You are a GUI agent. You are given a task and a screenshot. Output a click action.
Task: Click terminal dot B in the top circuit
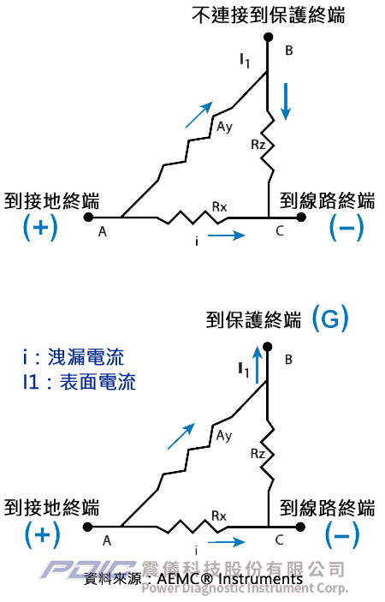tap(269, 37)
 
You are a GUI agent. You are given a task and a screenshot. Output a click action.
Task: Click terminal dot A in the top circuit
tap(88, 218)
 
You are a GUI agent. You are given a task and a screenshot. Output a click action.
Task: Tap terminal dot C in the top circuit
tap(301, 218)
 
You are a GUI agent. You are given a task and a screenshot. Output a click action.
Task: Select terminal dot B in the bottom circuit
tap(268, 347)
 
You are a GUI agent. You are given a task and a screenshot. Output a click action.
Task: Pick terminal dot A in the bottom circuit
tap(88, 527)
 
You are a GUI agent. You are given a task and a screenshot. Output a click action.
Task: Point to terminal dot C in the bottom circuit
tap(300, 527)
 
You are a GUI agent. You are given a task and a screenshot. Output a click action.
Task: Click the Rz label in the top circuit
tap(258, 145)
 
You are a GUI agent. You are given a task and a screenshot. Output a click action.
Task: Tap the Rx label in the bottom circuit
tap(219, 516)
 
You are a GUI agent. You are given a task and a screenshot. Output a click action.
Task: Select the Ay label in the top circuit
tap(225, 127)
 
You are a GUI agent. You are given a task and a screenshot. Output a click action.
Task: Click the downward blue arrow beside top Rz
tap(285, 100)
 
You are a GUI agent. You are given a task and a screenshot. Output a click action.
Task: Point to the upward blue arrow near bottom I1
tap(258, 364)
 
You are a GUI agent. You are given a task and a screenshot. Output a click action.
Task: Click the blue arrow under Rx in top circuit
tap(226, 235)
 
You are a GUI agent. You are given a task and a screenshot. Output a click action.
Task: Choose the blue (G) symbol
tap(330, 319)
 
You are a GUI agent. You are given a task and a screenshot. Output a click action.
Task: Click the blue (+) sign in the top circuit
tap(41, 227)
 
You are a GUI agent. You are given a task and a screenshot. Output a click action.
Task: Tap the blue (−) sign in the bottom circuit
tap(342, 535)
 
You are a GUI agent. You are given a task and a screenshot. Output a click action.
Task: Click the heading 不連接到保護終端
tap(269, 15)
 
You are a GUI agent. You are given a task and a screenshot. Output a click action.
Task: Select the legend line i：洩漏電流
tap(74, 357)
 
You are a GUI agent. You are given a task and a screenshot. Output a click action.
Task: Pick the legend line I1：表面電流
tap(80, 382)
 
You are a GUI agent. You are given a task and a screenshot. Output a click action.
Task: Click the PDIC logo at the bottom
tap(89, 569)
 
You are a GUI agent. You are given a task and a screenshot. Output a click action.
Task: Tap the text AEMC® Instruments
tap(229, 579)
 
